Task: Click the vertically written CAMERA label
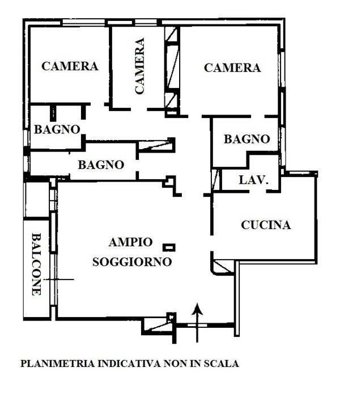[x=139, y=66]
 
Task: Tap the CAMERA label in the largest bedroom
[x=232, y=68]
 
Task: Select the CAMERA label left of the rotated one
[x=70, y=66]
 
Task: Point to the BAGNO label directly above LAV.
[x=246, y=139]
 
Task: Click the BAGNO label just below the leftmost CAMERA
[x=57, y=129]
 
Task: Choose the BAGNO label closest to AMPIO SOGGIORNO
[x=101, y=165]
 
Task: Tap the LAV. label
[x=253, y=180]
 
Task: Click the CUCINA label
[x=266, y=225]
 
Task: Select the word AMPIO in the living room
[x=130, y=242]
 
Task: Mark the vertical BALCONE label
[x=36, y=264]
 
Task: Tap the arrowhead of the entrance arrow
[x=197, y=309]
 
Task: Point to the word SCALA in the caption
[x=220, y=364]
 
